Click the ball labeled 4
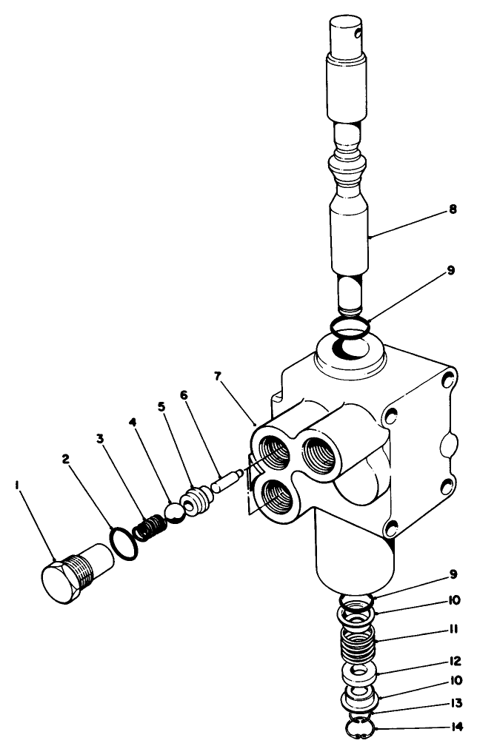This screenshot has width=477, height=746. [175, 511]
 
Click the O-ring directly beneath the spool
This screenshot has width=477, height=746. [349, 326]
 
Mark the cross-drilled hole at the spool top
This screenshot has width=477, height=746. [359, 32]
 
